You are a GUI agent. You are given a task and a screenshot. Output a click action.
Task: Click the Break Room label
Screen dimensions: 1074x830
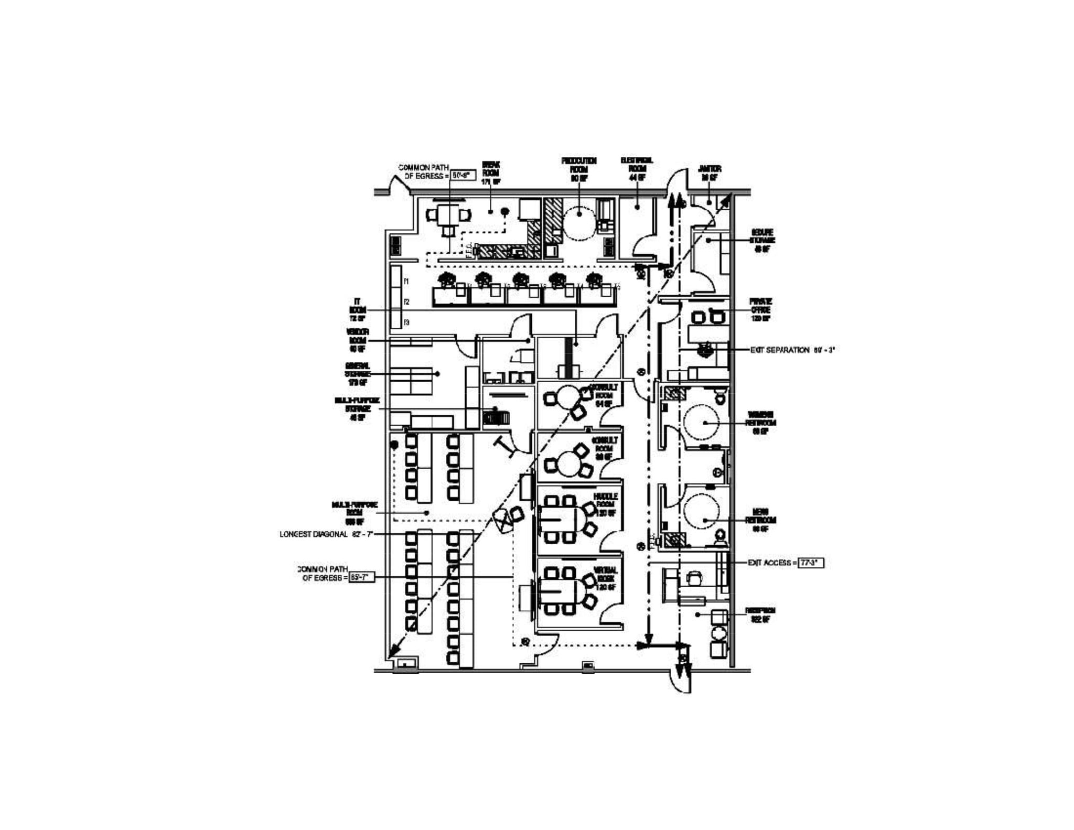491,173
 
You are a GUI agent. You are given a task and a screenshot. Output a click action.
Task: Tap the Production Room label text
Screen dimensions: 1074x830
579,169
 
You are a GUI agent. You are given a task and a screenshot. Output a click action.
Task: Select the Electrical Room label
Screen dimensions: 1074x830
637,169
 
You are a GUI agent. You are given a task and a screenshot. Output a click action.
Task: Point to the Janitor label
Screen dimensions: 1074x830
710,173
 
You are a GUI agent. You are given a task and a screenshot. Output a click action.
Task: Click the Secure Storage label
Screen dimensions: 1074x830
762,241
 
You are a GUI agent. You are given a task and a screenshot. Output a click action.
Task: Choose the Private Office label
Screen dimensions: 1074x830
760,310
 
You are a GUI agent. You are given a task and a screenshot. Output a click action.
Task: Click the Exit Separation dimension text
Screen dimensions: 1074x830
792,350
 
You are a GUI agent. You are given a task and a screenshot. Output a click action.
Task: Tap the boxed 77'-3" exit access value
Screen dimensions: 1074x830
811,563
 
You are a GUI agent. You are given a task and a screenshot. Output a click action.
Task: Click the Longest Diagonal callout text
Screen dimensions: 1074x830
326,534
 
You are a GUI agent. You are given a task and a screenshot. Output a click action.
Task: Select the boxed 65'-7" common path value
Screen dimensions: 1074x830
362,577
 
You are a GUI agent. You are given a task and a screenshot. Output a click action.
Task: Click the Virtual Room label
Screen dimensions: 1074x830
605,578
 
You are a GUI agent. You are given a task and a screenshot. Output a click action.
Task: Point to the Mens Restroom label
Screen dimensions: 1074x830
760,520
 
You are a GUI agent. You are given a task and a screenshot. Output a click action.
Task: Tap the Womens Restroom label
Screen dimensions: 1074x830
760,423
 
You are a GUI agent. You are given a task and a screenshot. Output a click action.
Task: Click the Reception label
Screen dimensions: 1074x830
760,615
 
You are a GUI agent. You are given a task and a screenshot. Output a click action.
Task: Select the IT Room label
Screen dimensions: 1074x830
358,310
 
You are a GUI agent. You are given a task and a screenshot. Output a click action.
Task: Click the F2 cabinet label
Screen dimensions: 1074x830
406,302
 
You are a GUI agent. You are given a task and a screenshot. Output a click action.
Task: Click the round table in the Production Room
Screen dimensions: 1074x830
579,220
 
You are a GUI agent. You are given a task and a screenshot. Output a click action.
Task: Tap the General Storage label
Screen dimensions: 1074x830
358,374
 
